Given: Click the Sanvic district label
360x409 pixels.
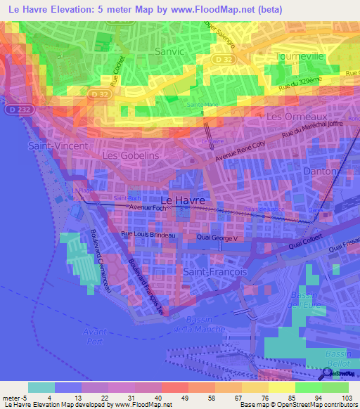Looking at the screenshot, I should [x=169, y=51].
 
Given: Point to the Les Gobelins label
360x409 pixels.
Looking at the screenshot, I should [x=131, y=155].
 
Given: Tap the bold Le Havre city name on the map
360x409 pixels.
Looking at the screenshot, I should [x=188, y=200].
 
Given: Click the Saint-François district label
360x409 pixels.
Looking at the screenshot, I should [x=212, y=271].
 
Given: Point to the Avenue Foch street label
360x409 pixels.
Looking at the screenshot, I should [x=146, y=208].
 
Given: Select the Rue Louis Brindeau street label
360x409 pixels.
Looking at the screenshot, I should [x=148, y=235].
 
